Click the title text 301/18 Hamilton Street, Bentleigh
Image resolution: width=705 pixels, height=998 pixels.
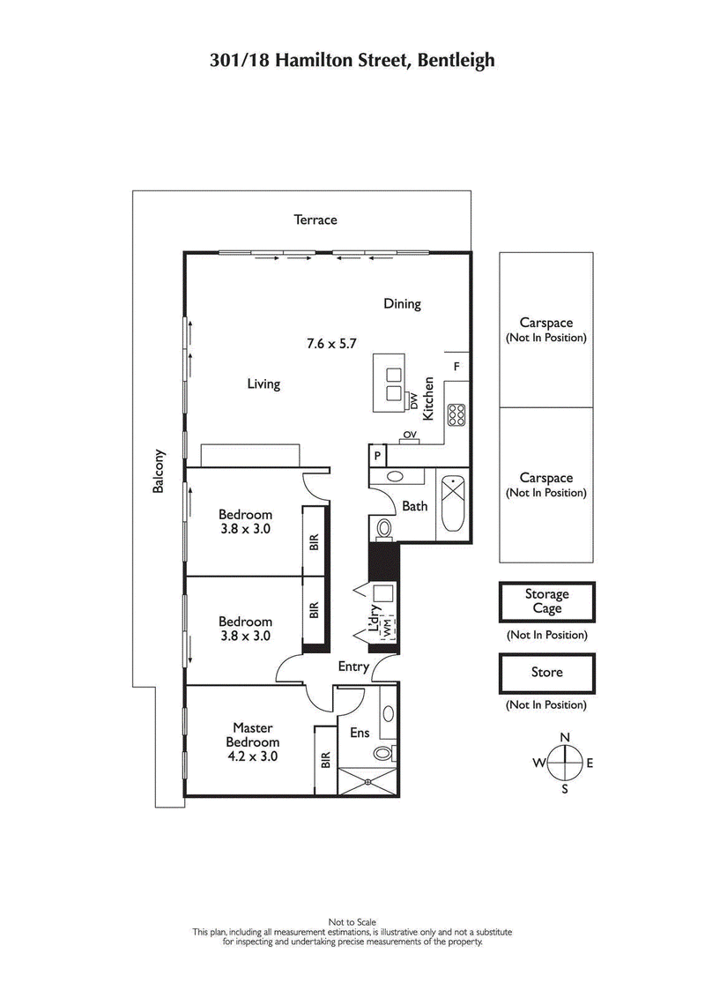352,61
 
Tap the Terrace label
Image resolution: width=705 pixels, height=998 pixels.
315,220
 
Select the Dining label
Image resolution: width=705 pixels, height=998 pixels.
402,304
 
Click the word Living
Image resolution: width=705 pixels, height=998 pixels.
263,384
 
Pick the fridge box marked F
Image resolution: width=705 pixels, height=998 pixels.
456,366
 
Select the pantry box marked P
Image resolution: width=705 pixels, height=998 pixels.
377,456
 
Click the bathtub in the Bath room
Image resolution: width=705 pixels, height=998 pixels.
453,503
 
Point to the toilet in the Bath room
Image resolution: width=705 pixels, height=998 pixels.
384,528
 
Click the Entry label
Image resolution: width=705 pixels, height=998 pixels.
353,667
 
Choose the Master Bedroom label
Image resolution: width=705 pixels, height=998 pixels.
252,735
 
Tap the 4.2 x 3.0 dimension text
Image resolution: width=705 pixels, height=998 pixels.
252,756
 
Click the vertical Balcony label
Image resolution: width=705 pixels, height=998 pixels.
159,471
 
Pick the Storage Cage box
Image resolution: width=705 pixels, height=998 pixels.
546,602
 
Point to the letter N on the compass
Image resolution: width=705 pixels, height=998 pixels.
565,737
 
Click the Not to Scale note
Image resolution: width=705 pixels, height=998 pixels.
352,922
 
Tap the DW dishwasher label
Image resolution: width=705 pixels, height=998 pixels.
413,400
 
